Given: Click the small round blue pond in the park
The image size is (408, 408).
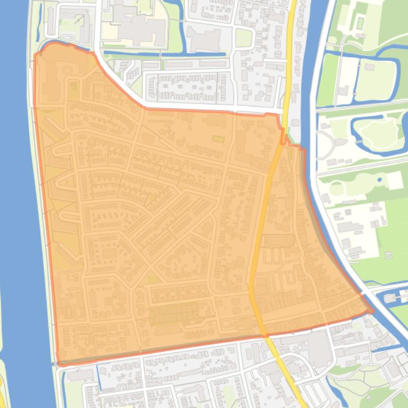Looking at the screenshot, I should [379, 180].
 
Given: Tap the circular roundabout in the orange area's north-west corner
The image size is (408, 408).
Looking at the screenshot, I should [67, 69].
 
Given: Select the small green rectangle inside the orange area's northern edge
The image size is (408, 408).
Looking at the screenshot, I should [218, 139].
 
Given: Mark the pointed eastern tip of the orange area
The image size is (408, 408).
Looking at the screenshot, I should [372, 311].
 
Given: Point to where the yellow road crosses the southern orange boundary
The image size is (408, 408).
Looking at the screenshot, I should [263, 335].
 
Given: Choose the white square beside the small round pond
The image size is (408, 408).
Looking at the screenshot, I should [395, 181].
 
